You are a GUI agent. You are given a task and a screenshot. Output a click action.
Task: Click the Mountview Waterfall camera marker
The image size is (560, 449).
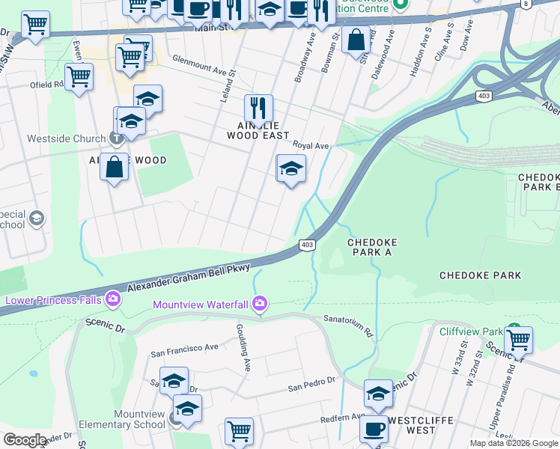[260, 304]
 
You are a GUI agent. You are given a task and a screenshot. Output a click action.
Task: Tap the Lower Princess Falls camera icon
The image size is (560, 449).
[112, 299]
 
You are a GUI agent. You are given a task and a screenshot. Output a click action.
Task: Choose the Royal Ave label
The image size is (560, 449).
[311, 145]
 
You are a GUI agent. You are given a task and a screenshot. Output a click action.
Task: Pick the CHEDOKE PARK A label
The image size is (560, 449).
[371, 248]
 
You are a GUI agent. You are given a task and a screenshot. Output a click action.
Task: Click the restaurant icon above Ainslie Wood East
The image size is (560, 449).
[258, 109]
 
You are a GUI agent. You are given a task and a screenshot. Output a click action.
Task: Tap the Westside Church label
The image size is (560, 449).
[66, 138]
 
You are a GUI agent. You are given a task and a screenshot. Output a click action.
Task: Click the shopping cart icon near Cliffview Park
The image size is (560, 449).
[517, 340]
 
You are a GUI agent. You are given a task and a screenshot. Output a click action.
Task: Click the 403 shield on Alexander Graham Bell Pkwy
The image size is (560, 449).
[306, 245]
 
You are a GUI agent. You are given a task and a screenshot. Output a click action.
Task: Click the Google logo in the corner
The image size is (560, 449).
[25, 440]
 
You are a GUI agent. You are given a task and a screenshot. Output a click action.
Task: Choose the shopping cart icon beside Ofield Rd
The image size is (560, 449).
[79, 76]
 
